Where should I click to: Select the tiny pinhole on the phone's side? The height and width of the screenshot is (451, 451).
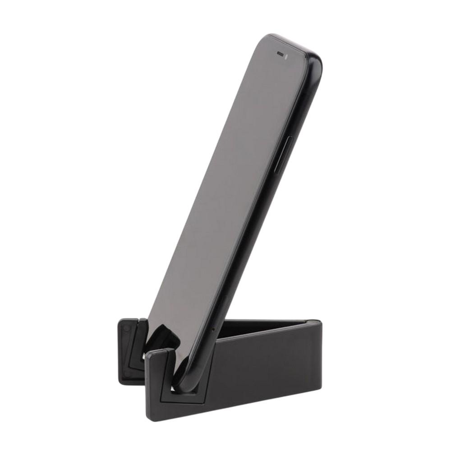(x=212, y=329)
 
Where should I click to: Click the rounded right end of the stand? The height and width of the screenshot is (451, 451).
(x=315, y=343)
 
